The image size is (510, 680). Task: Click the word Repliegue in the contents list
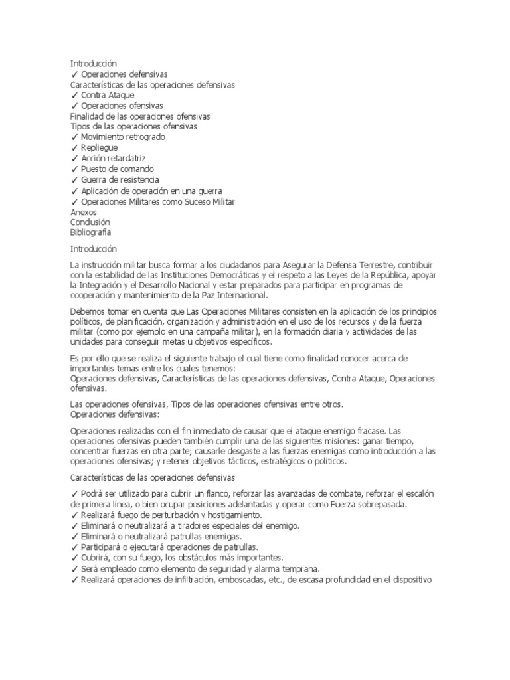point(100,148)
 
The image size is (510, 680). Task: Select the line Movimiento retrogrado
point(123,137)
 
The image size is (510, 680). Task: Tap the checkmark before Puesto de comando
point(74,169)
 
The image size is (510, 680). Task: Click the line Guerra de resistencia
point(120,180)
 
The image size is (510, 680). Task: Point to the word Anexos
point(83,212)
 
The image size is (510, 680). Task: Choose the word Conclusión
point(90,222)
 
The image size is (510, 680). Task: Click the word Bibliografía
point(91,233)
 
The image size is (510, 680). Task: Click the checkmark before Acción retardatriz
point(74,159)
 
